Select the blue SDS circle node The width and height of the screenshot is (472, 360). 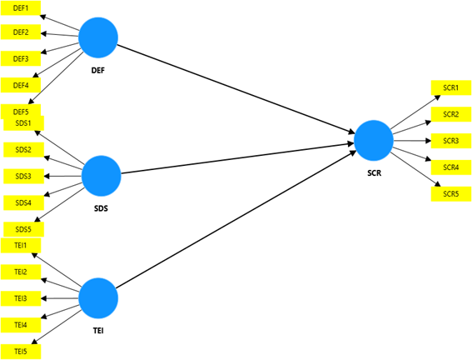point(102,175)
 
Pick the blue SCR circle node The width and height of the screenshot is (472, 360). point(373,140)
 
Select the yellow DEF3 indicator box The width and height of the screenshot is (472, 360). point(21,58)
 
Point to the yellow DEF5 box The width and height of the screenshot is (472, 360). point(21,111)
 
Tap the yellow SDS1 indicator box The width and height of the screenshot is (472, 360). point(22,123)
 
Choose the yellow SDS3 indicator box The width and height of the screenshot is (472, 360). point(22,176)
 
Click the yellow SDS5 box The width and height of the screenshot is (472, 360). point(22,228)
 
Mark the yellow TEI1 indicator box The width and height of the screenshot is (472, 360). point(21,245)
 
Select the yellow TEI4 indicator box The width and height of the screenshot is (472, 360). point(21,324)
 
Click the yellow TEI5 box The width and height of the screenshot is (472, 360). point(21,351)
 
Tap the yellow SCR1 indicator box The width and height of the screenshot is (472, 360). point(450,87)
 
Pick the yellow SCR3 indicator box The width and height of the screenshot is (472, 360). point(450,140)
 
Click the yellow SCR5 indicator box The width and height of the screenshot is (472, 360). point(450,193)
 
